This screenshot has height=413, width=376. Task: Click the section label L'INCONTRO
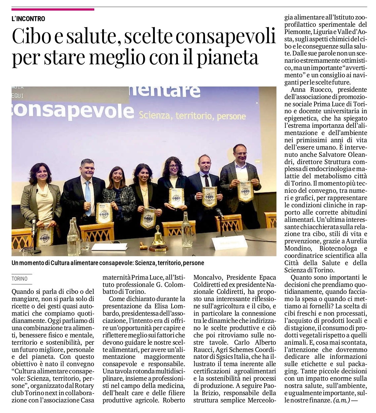coord(28,19)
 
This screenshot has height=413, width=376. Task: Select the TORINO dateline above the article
coord(20,279)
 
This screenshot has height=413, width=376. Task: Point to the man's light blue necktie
coord(88,198)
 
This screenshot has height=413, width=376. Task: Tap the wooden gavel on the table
coord(143,246)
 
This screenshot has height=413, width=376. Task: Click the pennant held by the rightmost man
coord(245,191)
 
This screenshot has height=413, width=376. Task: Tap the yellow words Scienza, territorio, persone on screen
coord(192,116)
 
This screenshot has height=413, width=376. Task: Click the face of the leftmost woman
coord(41,175)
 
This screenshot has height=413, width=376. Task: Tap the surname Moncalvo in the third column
coord(208,277)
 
